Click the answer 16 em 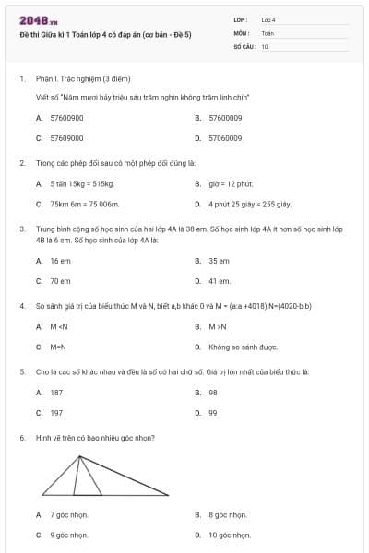click(x=60, y=261)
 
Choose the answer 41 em click(x=220, y=281)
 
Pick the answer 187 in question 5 click(x=56, y=393)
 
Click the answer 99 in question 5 click(x=213, y=413)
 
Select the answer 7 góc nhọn click(x=69, y=514)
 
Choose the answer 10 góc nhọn click(x=230, y=535)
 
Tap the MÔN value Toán click(x=268, y=32)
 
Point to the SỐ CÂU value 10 click(x=265, y=45)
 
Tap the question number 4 click(x=21, y=304)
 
